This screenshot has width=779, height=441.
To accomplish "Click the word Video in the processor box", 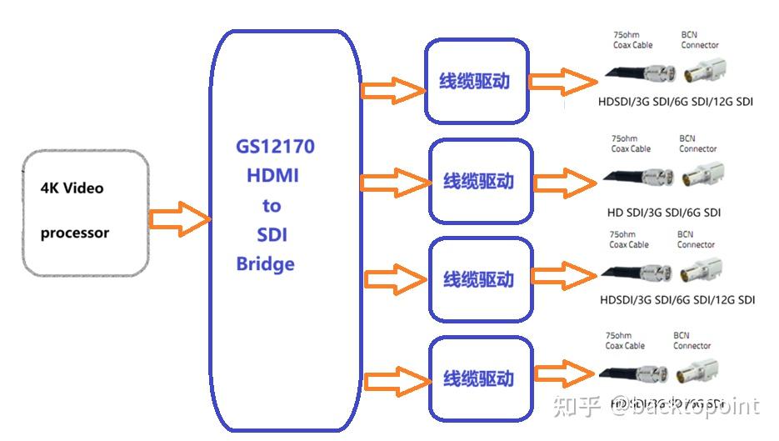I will [83, 188].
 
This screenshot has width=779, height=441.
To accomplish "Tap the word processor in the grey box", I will [75, 233].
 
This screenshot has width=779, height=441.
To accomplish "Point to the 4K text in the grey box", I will [49, 188].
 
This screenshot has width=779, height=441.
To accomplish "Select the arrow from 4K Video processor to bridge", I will [178, 218].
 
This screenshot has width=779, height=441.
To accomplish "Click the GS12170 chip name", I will [274, 148].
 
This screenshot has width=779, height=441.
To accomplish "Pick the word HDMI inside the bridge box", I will [272, 176].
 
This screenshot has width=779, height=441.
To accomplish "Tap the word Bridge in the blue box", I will [265, 264].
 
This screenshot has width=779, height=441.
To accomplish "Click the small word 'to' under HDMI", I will [272, 206].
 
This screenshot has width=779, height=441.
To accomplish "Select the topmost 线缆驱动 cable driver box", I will [476, 82].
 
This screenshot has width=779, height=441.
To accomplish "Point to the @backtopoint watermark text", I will [684, 407].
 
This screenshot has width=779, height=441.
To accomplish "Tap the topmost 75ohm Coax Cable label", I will [632, 40].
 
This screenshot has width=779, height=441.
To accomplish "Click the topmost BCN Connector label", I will [699, 40].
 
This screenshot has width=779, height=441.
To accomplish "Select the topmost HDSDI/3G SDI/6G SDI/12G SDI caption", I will [675, 102].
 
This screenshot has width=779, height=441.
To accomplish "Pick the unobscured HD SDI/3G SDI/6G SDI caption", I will [664, 213].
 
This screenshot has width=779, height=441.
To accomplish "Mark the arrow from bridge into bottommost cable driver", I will [395, 379].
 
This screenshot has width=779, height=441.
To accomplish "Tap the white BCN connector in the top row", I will [705, 73].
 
